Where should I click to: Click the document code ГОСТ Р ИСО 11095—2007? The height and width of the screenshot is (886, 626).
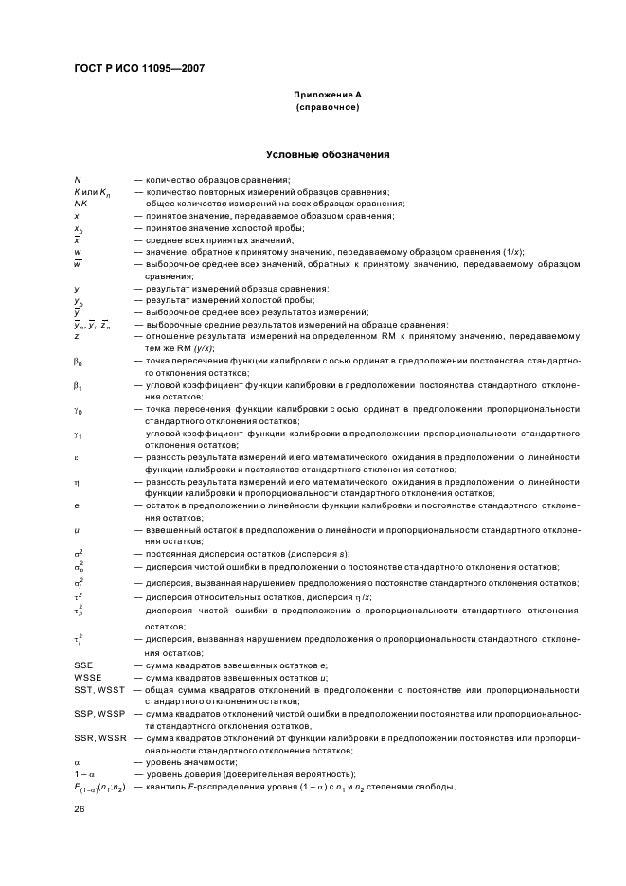(138, 69)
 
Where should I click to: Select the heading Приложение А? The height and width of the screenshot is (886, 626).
(328, 96)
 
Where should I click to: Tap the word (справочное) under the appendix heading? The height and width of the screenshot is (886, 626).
(328, 107)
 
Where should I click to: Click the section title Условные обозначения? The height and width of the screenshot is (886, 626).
(328, 154)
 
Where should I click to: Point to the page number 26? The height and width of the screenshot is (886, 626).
(80, 809)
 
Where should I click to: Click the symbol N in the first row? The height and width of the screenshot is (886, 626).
(77, 180)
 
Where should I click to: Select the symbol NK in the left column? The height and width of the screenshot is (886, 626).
(80, 204)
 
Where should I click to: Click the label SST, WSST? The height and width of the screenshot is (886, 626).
(98, 690)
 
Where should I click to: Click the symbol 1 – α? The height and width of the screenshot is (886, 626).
(84, 773)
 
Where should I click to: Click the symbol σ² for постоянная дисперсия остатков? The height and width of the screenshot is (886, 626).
(79, 553)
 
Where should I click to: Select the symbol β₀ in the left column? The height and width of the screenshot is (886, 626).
(79, 362)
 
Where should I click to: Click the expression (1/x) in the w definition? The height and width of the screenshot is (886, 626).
(509, 252)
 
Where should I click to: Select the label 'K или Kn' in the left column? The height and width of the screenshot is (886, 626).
(92, 192)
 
